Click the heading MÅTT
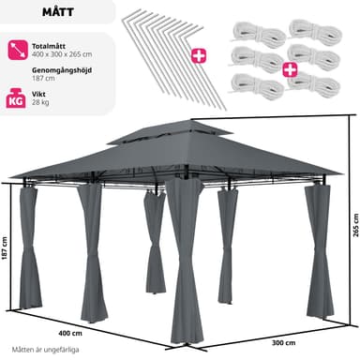[x=58, y=12]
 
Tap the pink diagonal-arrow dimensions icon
[x=18, y=50]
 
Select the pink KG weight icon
[x=16, y=98]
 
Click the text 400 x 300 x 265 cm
[x=62, y=54]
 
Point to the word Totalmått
[x=49, y=46]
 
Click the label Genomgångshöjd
[x=62, y=70]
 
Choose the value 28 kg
[x=40, y=102]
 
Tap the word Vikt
[x=38, y=94]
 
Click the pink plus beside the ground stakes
[x=199, y=56]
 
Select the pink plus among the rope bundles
[x=291, y=69]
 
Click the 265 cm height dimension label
[x=356, y=225]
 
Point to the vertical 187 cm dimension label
[x=5, y=249]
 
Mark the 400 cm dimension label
[x=70, y=333]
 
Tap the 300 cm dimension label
[x=283, y=343]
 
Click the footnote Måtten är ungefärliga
[x=45, y=350]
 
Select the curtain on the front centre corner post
[x=185, y=261]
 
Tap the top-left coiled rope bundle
[x=258, y=33]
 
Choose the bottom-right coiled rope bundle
[x=314, y=83]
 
